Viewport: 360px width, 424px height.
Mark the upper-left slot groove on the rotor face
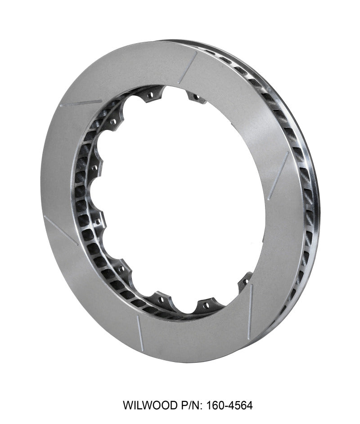pos(81,103)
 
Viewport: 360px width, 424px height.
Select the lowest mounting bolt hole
pos(206,305)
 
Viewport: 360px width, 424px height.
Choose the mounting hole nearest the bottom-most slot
pos(160,297)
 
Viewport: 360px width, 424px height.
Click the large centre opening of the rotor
pos(180,198)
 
